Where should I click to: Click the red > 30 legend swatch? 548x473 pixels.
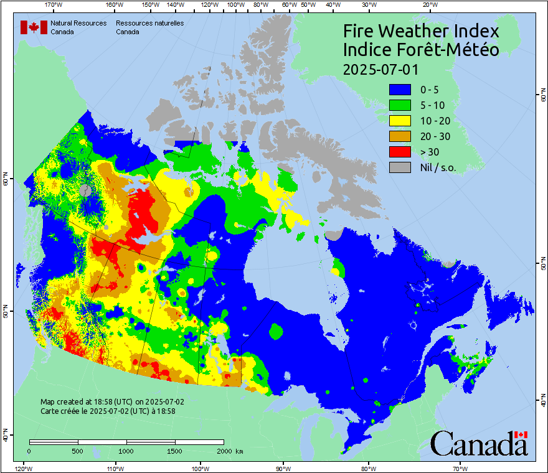pyautogui.click(x=400, y=151)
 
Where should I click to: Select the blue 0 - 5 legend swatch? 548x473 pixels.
pyautogui.click(x=400, y=89)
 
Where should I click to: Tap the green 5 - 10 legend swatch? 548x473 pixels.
pyautogui.click(x=400, y=105)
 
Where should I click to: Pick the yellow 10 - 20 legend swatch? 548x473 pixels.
pyautogui.click(x=400, y=120)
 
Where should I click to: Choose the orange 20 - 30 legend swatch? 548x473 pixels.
pyautogui.click(x=400, y=136)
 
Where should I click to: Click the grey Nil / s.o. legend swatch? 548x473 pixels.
pyautogui.click(x=400, y=167)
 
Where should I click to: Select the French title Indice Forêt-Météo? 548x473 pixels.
pyautogui.click(x=421, y=50)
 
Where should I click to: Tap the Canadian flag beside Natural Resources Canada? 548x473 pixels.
pyautogui.click(x=34, y=27)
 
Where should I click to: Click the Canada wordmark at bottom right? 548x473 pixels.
pyautogui.click(x=479, y=444)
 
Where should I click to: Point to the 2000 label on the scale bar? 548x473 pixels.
pyautogui.click(x=227, y=451)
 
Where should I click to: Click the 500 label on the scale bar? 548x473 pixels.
pyautogui.click(x=78, y=451)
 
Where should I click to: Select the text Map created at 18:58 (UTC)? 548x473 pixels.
pyautogui.click(x=112, y=402)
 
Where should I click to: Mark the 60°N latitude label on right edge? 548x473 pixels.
pyautogui.click(x=542, y=96)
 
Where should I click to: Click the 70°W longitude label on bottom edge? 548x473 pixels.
pyautogui.click(x=460, y=467)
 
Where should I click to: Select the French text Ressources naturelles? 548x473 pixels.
pyautogui.click(x=149, y=23)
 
